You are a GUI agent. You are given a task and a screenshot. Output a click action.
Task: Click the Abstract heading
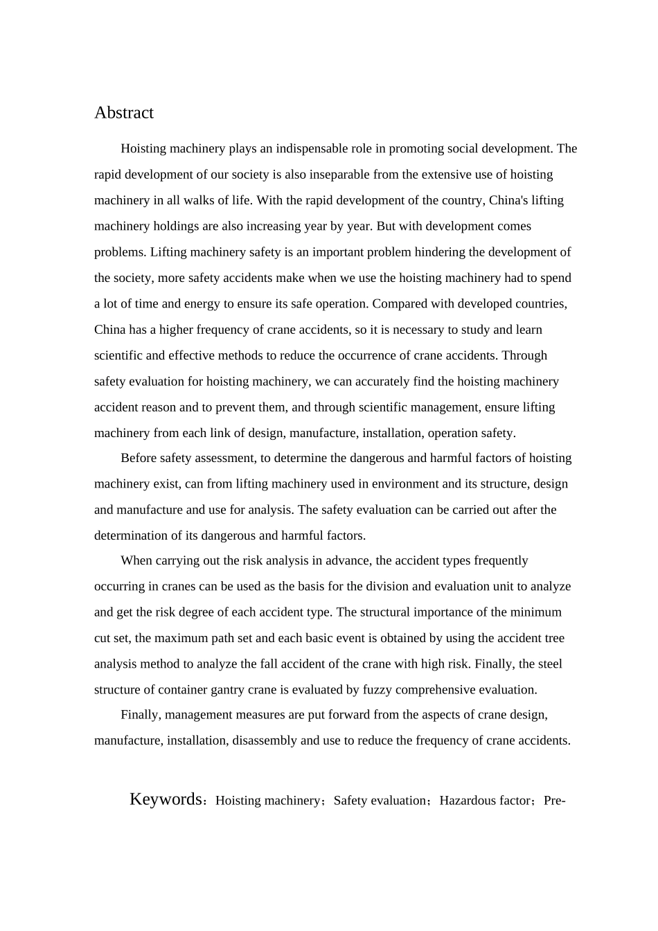point(124,113)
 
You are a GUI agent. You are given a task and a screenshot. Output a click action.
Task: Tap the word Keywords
point(166,799)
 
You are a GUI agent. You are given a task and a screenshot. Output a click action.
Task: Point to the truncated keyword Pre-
point(555,801)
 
